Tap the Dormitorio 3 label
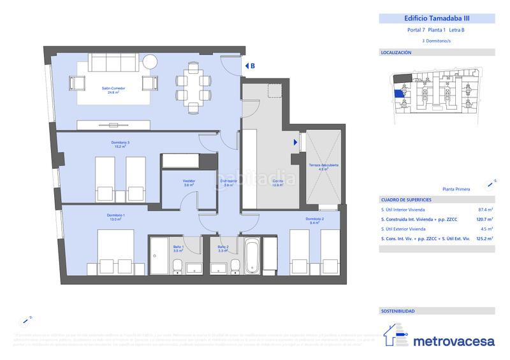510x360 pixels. click(x=120, y=144)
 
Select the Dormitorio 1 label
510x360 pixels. click(x=115, y=217)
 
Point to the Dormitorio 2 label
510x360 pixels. click(x=315, y=220)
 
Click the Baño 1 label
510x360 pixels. click(x=178, y=248)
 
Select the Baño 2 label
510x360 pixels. click(x=222, y=248)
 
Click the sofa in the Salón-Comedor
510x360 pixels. click(x=113, y=63)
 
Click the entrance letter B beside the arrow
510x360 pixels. click(x=252, y=66)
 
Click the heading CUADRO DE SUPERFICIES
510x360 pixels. click(x=406, y=199)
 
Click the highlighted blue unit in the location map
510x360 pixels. click(x=398, y=94)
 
